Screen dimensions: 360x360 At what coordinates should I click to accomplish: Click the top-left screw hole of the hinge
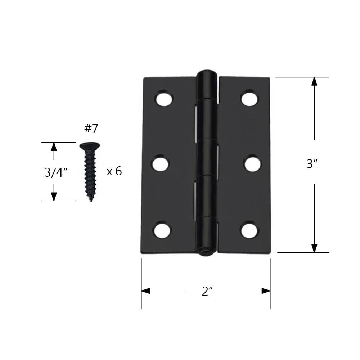pos(164,98)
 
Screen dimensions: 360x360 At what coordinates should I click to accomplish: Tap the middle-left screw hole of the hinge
pos(161,164)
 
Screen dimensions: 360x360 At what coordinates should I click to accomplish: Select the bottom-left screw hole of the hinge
pos(162,229)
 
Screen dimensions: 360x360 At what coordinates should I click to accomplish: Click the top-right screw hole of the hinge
pos(250,98)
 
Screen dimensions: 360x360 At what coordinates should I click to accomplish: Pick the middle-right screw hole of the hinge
pos(252,164)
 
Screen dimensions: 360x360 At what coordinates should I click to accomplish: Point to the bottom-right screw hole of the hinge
pos(250,230)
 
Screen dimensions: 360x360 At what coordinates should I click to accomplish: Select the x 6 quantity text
pos(114,171)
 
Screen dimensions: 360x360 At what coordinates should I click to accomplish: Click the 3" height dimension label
pos(312,164)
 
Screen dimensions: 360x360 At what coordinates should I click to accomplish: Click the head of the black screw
pos(90,146)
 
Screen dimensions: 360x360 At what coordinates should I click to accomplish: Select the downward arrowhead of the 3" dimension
pos(314,248)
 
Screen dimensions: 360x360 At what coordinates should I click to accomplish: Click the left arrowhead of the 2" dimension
pos(145,291)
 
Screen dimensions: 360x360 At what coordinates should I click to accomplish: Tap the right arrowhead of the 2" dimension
pos(266,291)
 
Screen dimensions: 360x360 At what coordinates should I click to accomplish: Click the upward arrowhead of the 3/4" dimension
pos(54,147)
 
